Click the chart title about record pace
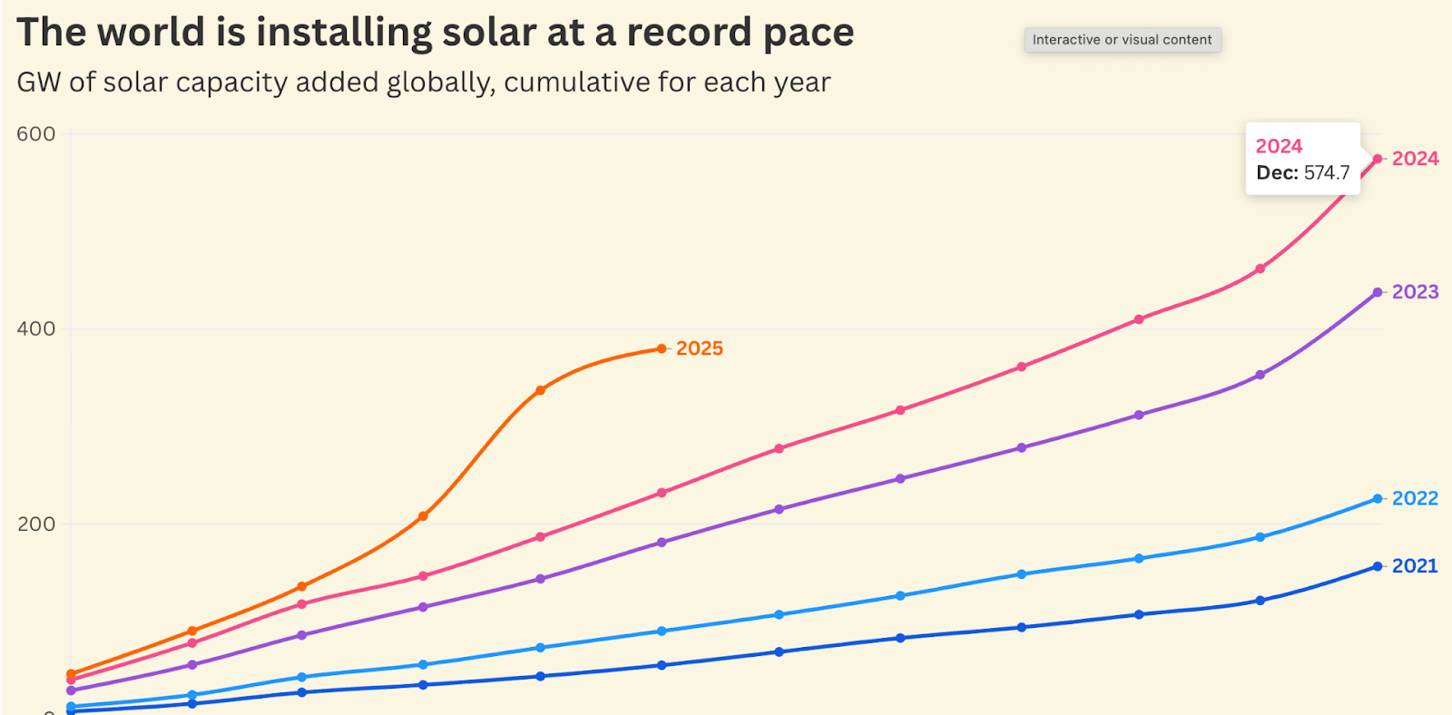[x=436, y=33]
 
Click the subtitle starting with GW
[x=424, y=83]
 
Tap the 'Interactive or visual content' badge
[x=1122, y=40]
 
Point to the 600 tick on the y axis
[x=36, y=134]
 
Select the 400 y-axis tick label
[x=36, y=328]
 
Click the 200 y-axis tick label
[x=36, y=524]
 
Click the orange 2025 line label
[x=700, y=348]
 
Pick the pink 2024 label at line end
[x=1415, y=159]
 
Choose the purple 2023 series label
[x=1415, y=292]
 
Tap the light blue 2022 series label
[x=1415, y=498]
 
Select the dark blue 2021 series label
[x=1415, y=566]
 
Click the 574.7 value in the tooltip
[x=1327, y=172]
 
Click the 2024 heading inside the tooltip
[x=1279, y=146]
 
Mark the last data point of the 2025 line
[x=662, y=348]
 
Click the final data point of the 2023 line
[x=1378, y=292]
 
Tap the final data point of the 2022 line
[x=1378, y=499]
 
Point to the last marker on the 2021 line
[x=1378, y=566]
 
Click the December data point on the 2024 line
[x=1378, y=159]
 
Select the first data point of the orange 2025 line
[x=71, y=674]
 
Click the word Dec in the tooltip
[x=1276, y=172]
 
